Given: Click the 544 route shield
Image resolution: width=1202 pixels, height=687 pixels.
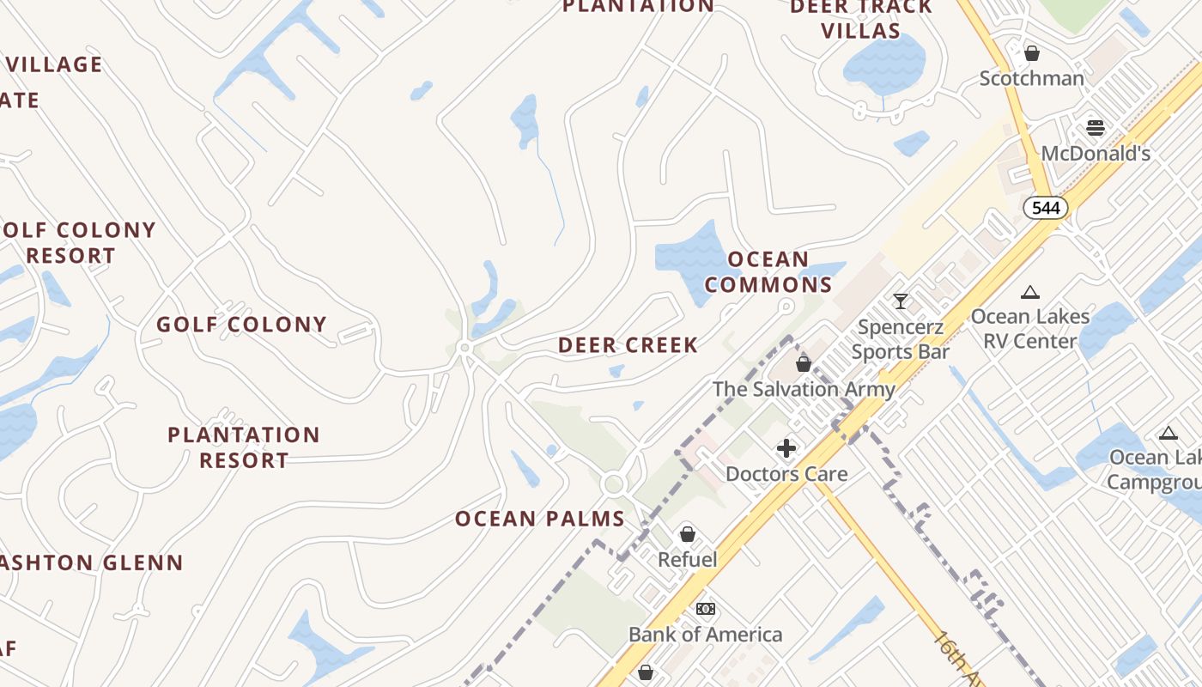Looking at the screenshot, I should (x=1046, y=207).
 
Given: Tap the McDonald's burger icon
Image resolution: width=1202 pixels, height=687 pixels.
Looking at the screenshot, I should (x=1095, y=128).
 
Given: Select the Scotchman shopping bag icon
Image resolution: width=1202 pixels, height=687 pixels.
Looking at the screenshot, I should (x=1032, y=53).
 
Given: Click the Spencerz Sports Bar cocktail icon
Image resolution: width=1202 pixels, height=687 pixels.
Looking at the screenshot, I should (x=900, y=301).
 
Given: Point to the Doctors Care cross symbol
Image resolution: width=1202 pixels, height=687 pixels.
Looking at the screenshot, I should (x=786, y=448).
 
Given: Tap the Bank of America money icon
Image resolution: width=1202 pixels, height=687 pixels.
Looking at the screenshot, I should (x=706, y=609).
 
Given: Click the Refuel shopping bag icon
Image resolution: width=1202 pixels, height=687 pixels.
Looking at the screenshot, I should (x=687, y=534).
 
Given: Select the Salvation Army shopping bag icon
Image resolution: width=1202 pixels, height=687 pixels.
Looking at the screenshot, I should (x=804, y=364).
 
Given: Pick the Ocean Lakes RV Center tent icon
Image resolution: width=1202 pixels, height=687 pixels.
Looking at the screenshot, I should (x=1030, y=292).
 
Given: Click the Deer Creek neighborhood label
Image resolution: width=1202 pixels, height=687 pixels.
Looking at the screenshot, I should (x=628, y=345).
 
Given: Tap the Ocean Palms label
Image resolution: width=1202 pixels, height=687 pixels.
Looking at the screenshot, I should (x=539, y=519).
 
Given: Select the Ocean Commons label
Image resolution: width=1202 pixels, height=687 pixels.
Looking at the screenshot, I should (x=768, y=271).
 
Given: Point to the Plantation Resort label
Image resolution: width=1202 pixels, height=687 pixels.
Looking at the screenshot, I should (x=244, y=447).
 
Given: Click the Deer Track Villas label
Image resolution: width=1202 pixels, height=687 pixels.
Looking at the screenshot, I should (x=860, y=19).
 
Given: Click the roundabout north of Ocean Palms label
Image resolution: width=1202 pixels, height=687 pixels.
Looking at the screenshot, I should (x=613, y=484).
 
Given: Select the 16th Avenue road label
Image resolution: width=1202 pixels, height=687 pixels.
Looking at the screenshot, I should (x=958, y=660).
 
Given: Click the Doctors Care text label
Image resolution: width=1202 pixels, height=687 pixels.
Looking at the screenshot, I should (x=786, y=474).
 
